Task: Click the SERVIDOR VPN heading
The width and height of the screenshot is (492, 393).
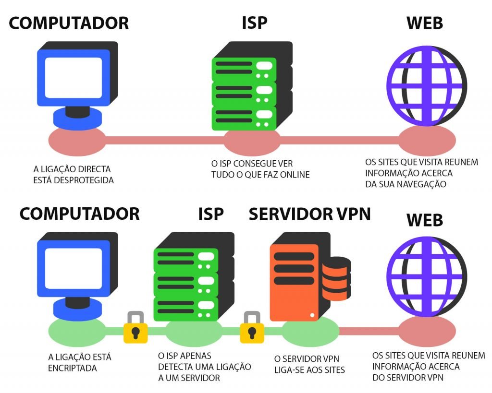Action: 309,214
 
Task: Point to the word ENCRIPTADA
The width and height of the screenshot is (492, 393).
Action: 73,368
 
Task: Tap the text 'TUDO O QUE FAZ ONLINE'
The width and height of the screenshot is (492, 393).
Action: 260,175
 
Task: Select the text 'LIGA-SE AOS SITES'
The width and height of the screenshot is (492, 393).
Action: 309,370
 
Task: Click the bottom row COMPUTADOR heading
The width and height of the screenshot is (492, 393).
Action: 80,214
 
